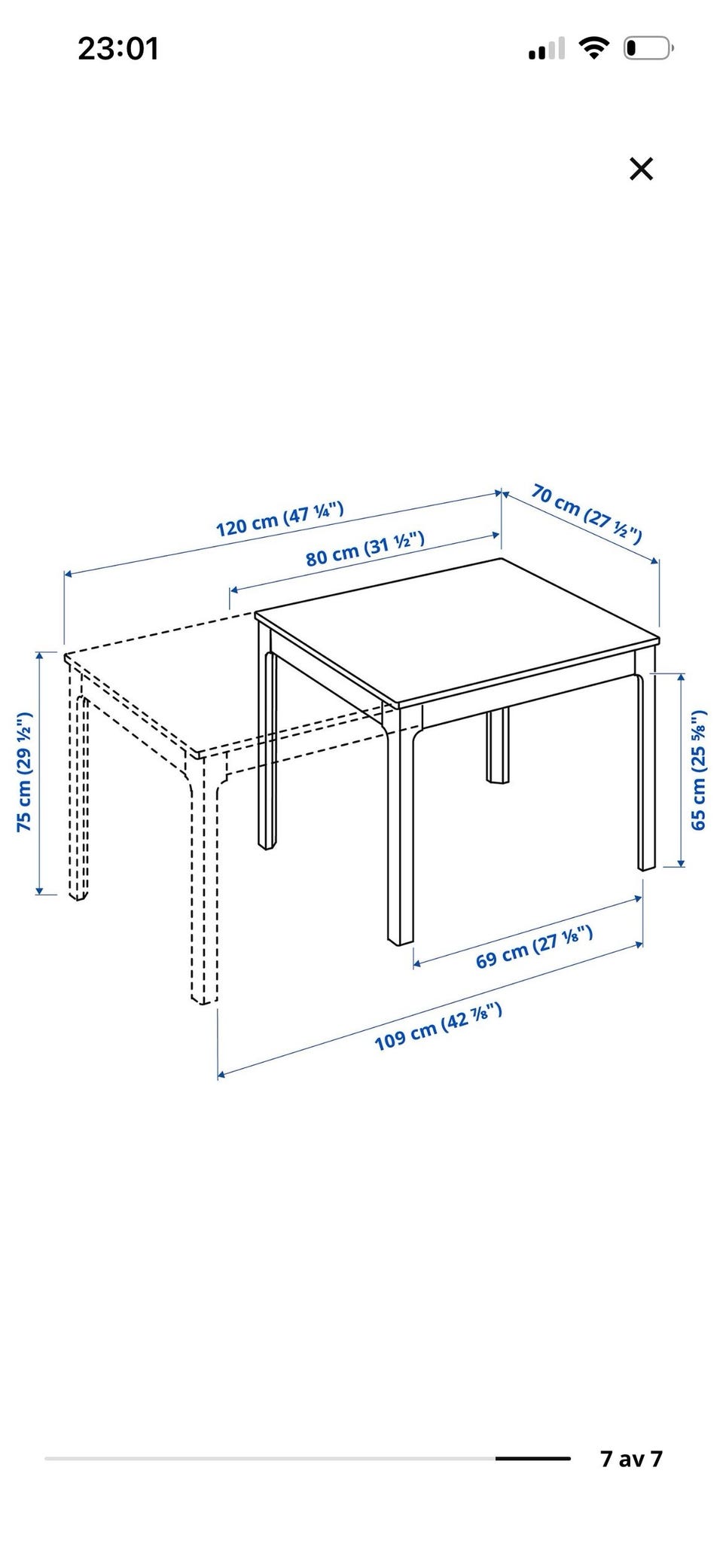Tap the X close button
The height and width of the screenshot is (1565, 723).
click(x=641, y=169)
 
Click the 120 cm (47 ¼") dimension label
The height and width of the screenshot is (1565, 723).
click(x=280, y=519)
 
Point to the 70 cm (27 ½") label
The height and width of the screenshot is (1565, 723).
click(x=587, y=514)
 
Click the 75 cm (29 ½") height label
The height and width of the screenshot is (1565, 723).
click(x=25, y=771)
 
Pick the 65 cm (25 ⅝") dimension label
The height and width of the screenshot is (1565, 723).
click(x=699, y=770)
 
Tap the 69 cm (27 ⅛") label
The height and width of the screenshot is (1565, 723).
click(x=534, y=947)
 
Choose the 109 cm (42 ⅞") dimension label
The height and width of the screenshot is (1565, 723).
click(x=438, y=1027)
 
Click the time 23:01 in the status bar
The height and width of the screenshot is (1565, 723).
click(x=118, y=49)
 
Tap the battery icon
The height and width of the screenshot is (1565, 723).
click(x=648, y=49)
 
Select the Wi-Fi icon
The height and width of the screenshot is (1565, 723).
click(x=594, y=49)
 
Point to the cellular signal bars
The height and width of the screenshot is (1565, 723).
click(x=547, y=50)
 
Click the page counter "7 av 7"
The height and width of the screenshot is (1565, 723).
click(x=631, y=1459)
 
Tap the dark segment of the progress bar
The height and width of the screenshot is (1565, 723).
click(x=533, y=1459)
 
